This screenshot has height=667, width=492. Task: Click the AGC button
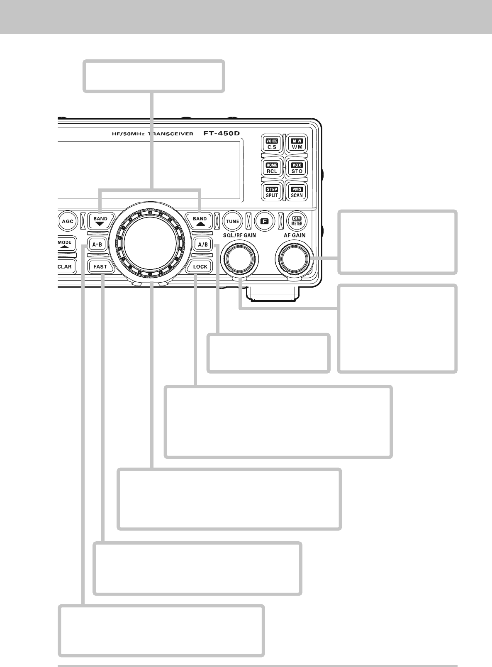[x=67, y=221]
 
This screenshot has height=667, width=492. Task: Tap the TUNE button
[x=232, y=221]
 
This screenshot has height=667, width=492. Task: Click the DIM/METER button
[x=297, y=221]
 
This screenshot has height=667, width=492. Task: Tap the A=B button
[x=97, y=244]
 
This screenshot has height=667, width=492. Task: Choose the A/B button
[x=203, y=244]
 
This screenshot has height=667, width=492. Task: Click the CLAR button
[x=66, y=266]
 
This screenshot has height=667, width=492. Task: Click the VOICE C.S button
[x=272, y=144]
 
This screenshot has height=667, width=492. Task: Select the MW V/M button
[x=297, y=144]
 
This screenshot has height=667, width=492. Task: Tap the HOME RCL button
[x=272, y=168]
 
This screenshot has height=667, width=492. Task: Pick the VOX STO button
[x=297, y=168]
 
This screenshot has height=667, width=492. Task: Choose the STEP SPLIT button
[x=272, y=192]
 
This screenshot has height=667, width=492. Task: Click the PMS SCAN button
[x=297, y=192]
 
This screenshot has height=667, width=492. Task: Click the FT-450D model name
[x=222, y=134]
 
